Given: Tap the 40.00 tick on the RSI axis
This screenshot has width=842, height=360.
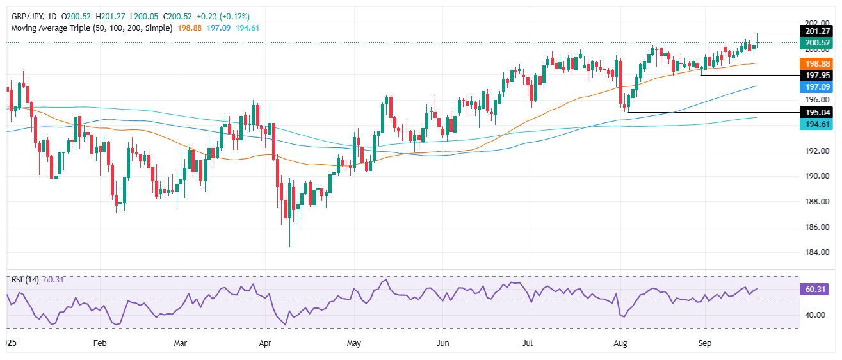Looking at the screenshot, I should click(x=813, y=315).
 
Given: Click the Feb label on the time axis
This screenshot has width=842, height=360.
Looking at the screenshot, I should click(x=99, y=343).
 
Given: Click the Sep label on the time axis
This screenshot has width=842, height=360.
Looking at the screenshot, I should click(x=705, y=343).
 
